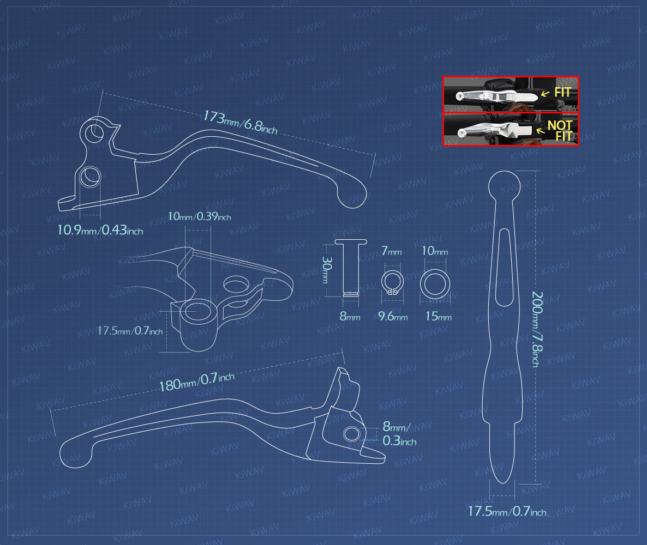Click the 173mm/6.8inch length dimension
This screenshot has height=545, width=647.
coord(240,123)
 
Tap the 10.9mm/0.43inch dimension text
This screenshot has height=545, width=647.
coord(100,230)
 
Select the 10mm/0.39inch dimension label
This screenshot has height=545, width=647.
coord(199,216)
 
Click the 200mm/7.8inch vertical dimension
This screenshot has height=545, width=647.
coord(537,329)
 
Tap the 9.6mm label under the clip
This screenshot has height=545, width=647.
coord(393,317)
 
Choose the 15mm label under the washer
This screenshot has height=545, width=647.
coord(439,317)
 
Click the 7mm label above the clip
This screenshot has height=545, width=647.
coord(391,251)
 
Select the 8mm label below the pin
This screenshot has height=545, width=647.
coord(350,317)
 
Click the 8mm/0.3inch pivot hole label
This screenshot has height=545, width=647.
coord(399,433)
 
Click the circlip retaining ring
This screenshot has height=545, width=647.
coord(392,283)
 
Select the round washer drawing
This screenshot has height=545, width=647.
coord(435,284)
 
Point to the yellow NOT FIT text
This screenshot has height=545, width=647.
coord(560,130)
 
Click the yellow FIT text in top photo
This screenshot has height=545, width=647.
coord(562,92)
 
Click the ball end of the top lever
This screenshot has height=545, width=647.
coord(352,195)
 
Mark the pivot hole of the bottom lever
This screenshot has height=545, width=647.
coord(351,434)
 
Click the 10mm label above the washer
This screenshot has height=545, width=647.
coord(434,251)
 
